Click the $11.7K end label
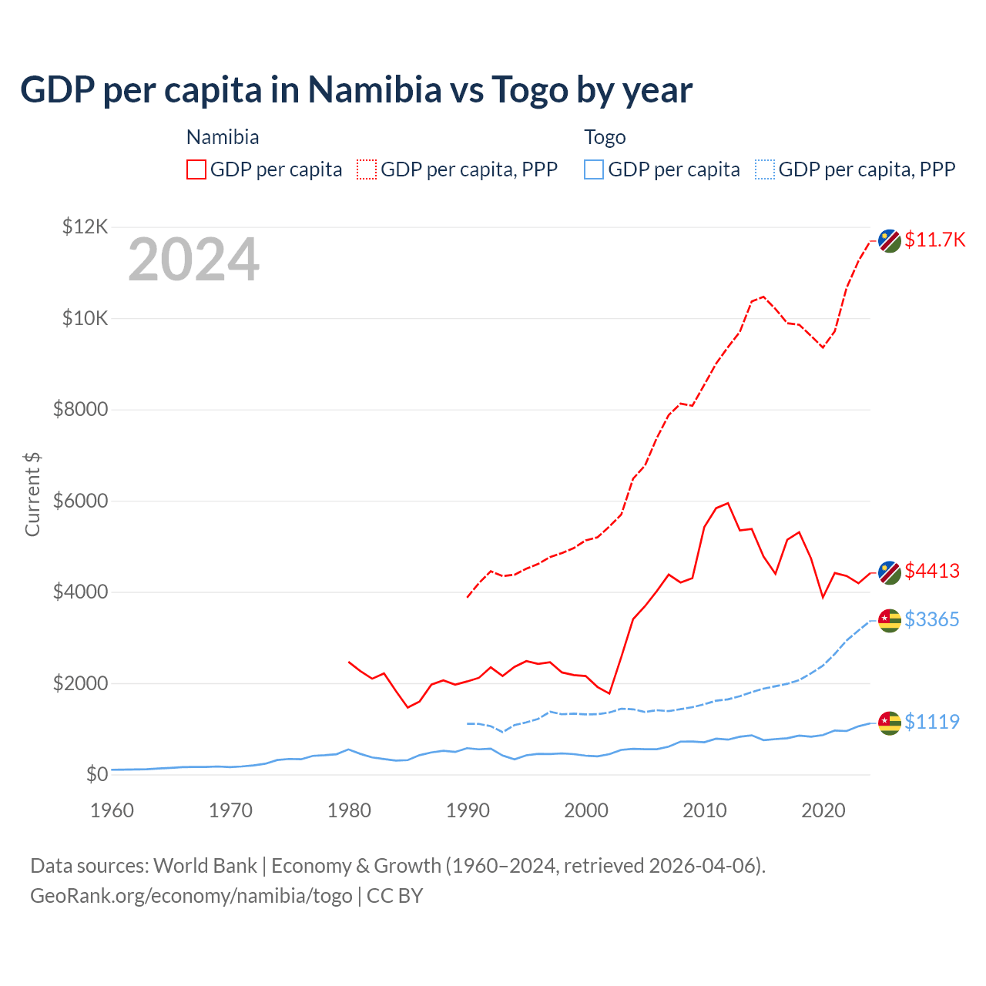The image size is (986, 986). (934, 240)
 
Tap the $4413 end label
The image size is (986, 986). (932, 571)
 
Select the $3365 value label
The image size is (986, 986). (932, 619)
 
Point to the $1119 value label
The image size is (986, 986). (932, 722)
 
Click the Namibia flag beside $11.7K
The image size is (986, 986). (890, 240)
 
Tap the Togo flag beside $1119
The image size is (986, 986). (890, 723)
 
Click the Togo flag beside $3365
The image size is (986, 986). (890, 620)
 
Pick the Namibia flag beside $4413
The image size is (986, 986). (890, 572)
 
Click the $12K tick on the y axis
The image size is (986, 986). (86, 226)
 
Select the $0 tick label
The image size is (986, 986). (96, 774)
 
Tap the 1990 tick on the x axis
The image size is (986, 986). (468, 810)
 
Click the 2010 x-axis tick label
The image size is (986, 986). (705, 810)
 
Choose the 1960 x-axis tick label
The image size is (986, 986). (112, 810)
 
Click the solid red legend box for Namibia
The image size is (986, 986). (196, 169)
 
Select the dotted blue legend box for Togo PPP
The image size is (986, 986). (765, 169)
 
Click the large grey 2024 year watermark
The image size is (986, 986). (193, 260)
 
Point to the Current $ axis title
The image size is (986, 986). (32, 494)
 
